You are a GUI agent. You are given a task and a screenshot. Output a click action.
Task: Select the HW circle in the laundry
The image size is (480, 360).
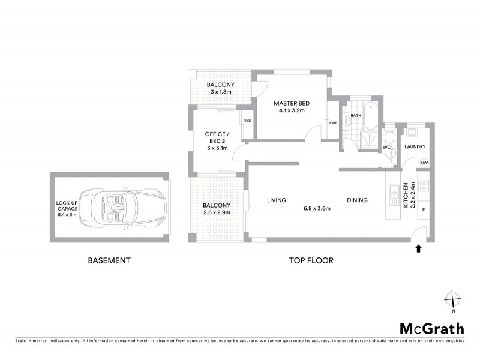pyautogui.click(x=424, y=163)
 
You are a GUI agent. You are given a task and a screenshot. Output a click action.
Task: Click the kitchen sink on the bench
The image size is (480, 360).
pyautogui.click(x=394, y=193)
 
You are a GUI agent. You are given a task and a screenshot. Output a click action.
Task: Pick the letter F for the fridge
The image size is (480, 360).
pyautogui.click(x=424, y=211)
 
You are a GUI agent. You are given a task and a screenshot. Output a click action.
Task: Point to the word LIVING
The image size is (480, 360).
pyautogui.click(x=276, y=200)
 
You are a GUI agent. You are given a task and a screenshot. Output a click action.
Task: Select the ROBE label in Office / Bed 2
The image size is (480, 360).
pyautogui.click(x=247, y=121)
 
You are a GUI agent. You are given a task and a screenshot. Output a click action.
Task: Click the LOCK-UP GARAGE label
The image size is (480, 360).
pyautogui.click(x=65, y=207)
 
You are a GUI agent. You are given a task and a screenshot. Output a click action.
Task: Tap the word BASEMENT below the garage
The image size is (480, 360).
pyautogui.click(x=109, y=260)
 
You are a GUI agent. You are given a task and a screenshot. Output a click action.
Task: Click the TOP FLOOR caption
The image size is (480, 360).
pyautogui.click(x=311, y=260)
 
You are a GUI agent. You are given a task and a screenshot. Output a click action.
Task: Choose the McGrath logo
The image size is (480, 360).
pyautogui.click(x=431, y=328)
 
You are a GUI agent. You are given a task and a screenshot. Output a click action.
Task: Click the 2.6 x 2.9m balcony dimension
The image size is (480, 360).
pyautogui.click(x=218, y=213)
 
